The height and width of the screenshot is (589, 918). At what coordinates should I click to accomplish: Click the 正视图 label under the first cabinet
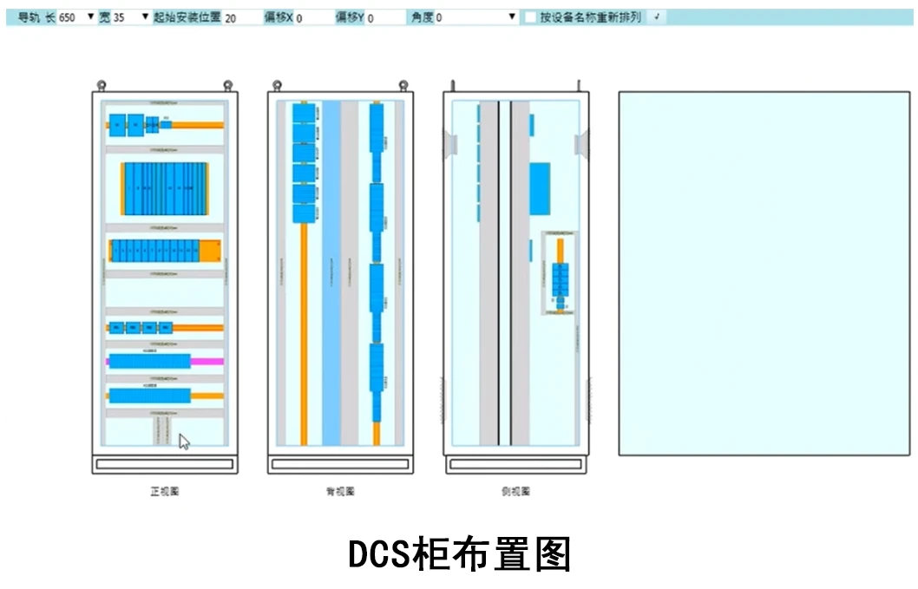(164, 492)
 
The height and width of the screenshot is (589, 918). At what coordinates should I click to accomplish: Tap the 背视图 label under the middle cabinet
(339, 492)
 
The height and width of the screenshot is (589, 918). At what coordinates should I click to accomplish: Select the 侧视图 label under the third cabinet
(515, 492)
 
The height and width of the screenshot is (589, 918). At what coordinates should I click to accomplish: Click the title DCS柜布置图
(459, 554)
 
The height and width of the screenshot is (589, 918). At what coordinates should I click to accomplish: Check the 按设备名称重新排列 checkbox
(530, 17)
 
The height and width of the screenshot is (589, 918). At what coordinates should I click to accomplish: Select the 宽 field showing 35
(123, 17)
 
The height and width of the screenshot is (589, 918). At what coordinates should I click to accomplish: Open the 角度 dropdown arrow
(512, 16)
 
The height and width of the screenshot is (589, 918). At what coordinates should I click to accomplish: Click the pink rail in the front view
(207, 361)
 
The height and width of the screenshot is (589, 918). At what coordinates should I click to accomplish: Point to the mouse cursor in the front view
(183, 441)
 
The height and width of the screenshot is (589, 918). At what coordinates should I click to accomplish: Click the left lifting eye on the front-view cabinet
(102, 85)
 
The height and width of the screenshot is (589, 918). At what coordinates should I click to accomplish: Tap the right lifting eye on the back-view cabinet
(403, 85)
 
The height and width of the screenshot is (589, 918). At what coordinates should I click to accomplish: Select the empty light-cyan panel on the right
(764, 272)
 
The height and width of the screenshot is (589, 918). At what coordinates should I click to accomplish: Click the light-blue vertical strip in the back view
(331, 278)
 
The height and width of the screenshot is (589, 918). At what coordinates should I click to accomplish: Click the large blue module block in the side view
(540, 187)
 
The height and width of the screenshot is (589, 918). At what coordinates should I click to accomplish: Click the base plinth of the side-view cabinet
(516, 465)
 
